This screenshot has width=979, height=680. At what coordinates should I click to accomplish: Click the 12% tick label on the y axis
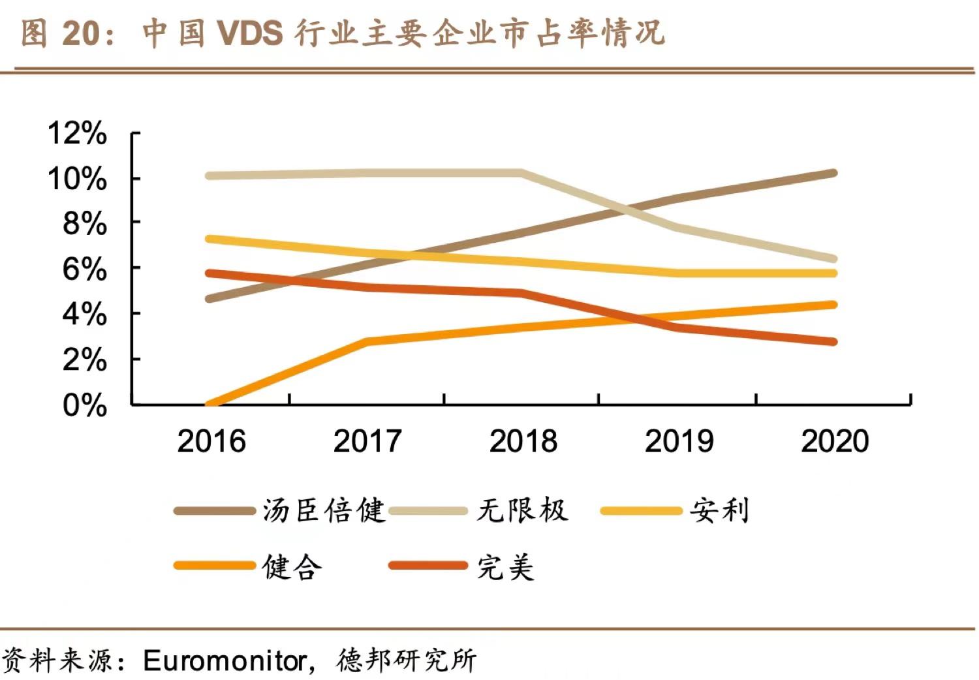[x=77, y=134]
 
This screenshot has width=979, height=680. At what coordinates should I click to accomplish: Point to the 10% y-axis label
[x=77, y=179]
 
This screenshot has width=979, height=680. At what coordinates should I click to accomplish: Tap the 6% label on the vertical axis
[x=84, y=269]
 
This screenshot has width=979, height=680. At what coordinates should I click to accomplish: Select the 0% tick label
[x=84, y=405]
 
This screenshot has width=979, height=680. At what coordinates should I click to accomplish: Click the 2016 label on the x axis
[x=211, y=441]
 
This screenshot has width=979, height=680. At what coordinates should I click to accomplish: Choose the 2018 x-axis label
[x=523, y=441]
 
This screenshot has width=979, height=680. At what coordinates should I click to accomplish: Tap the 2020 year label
[x=835, y=441]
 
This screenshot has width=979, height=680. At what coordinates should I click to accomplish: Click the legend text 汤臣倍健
[x=324, y=510]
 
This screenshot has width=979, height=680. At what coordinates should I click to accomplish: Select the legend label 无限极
[x=522, y=510]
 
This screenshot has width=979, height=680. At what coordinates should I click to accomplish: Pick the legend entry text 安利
[x=719, y=510]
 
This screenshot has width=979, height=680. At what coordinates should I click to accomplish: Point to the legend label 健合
[x=292, y=566]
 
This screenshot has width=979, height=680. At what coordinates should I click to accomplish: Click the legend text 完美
[x=505, y=566]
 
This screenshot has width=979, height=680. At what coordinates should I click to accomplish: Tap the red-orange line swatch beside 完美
[x=428, y=565]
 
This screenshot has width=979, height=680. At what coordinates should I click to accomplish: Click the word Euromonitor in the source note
[x=225, y=660]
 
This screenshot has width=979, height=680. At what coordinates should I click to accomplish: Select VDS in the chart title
[x=250, y=33]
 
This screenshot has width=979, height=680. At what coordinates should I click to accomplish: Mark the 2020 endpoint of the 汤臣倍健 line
[x=833, y=174]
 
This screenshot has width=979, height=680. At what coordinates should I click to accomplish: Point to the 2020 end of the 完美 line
[x=833, y=342]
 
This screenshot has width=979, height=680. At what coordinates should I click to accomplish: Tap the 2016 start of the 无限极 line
[x=209, y=176]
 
